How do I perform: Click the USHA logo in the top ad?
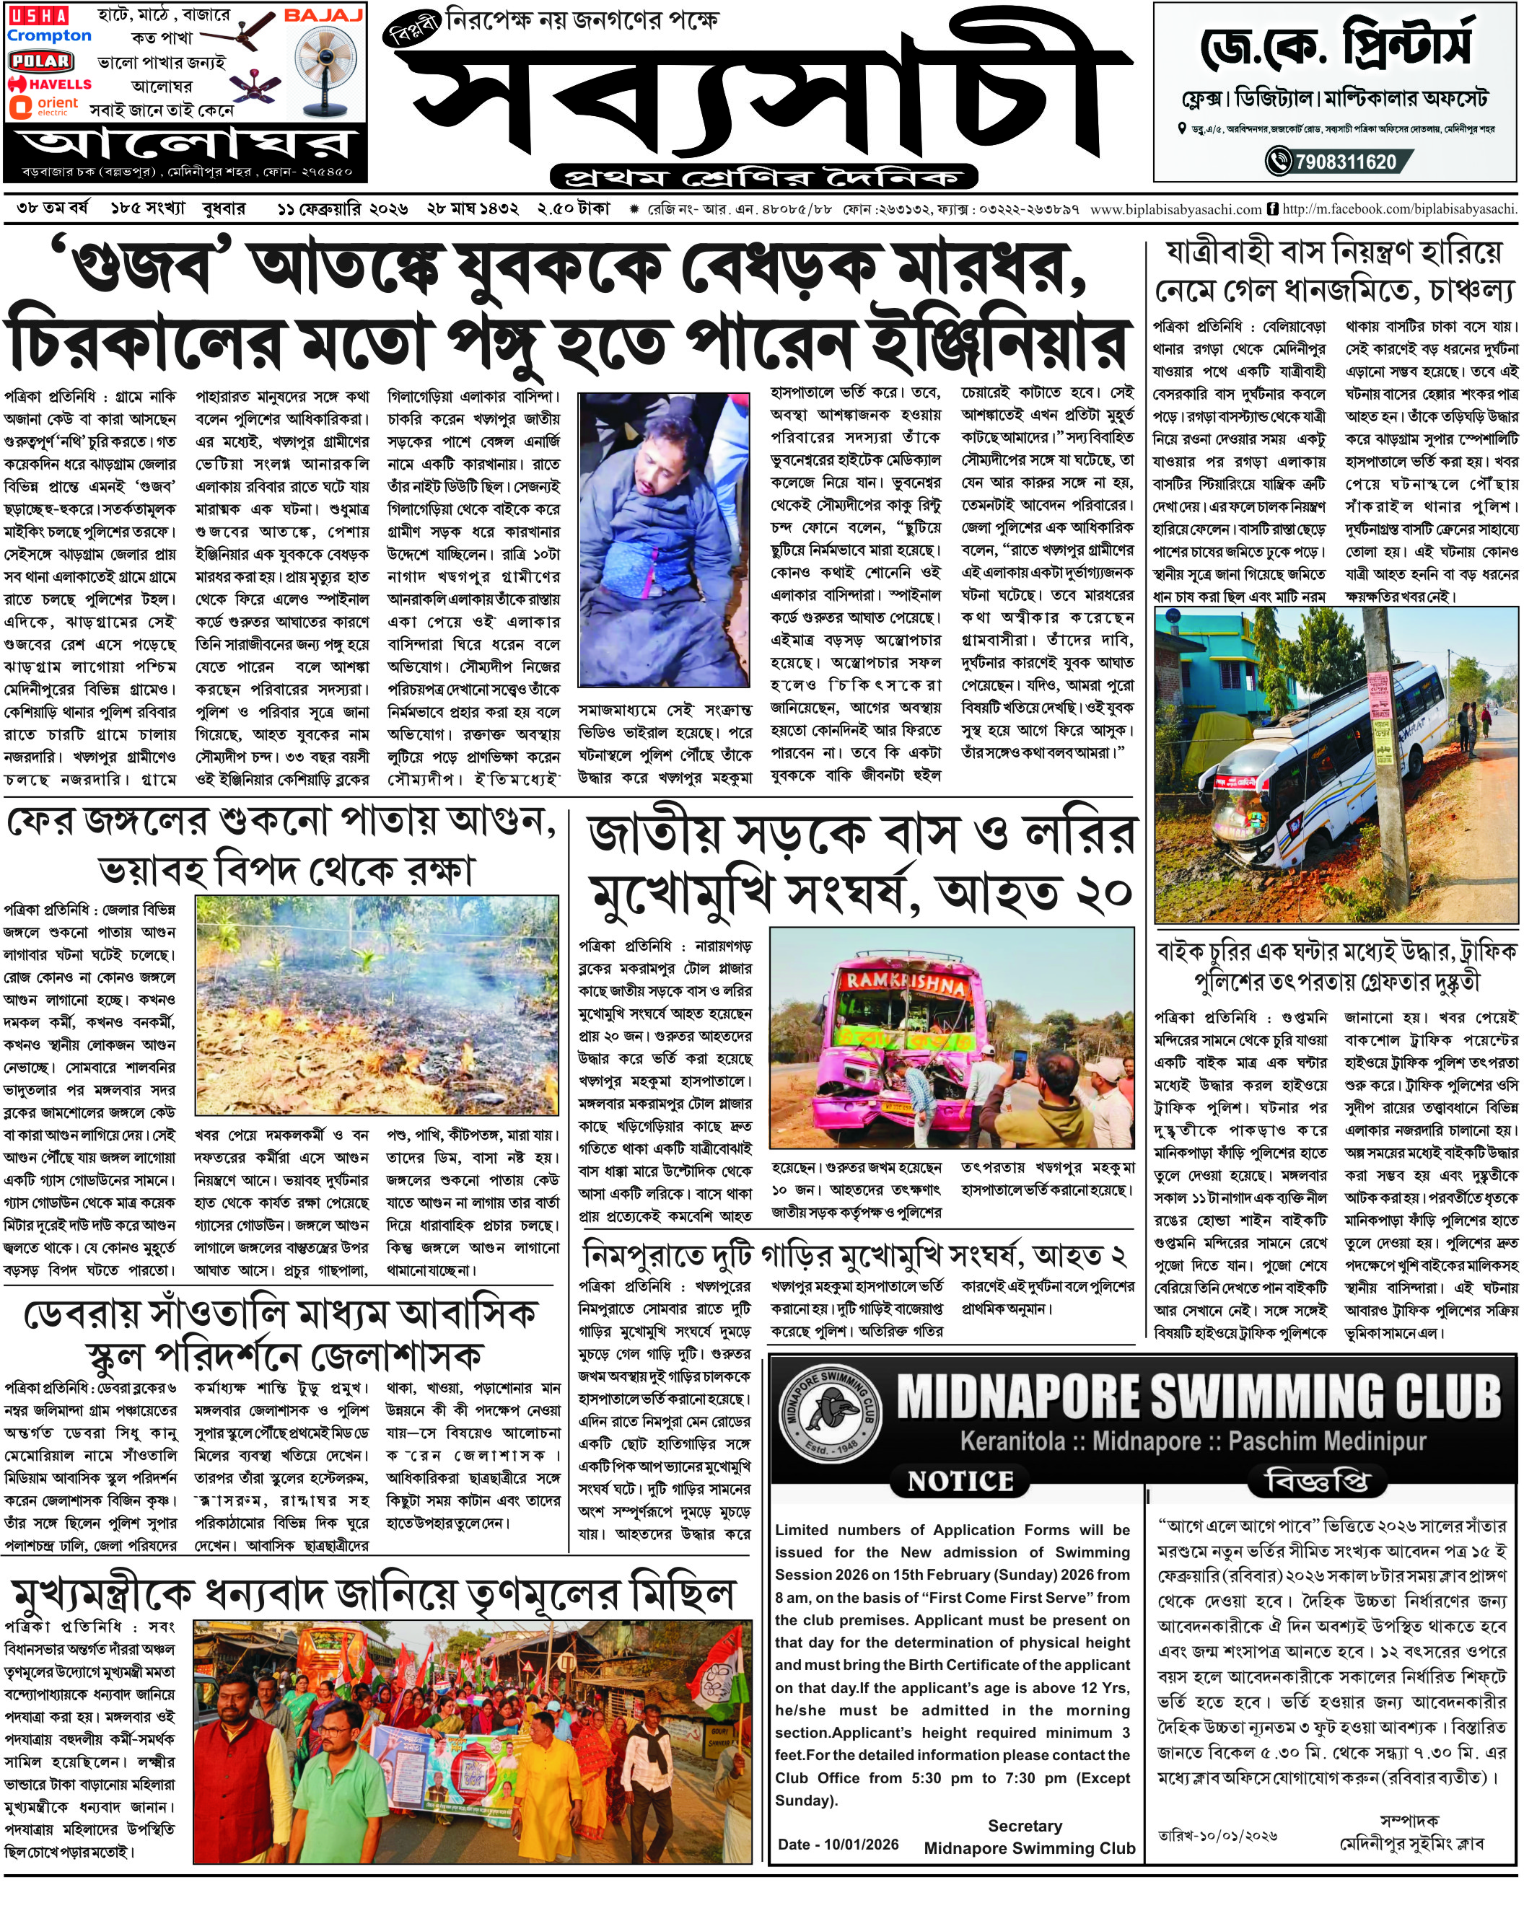pos(38,15)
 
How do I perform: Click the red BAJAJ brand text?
pos(324,15)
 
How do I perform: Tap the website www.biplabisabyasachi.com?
pos(1175,210)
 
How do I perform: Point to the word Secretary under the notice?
pos(1024,1825)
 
